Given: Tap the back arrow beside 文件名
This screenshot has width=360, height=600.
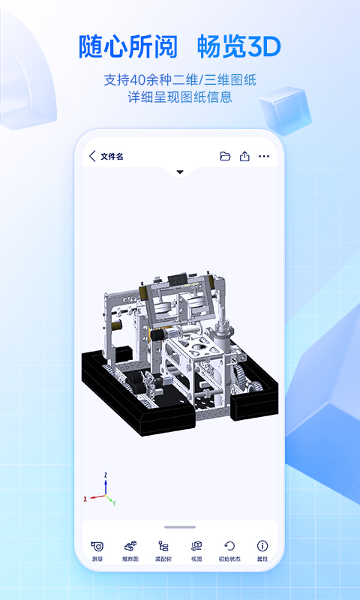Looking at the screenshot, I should coord(92,156).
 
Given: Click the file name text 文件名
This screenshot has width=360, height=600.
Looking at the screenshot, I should coord(112,156).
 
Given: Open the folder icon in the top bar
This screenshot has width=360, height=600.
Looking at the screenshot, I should coord(225,156).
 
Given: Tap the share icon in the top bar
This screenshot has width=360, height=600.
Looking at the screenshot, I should coord(244,156).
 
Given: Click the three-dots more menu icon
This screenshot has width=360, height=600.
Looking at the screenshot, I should coord(264,156).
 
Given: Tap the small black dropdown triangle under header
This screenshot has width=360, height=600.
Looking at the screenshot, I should coord(180,172).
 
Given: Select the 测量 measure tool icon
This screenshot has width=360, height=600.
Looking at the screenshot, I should coord(97,546).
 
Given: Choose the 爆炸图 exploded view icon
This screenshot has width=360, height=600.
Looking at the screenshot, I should coord(130,546).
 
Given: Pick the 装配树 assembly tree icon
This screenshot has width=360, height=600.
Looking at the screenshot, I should coord(163,546).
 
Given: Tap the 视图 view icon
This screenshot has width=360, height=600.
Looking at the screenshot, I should coord(196,546).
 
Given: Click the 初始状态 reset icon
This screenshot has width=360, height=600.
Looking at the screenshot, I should coord(229,546).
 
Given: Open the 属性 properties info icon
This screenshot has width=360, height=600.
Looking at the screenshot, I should coord(262,546).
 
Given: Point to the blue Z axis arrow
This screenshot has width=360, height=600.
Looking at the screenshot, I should coord(106,484).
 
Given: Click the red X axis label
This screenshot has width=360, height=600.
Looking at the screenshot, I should coord(85,498).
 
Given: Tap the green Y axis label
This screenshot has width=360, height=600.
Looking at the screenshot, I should coord(113,503).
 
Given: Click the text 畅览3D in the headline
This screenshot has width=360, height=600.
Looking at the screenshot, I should coord(238,47).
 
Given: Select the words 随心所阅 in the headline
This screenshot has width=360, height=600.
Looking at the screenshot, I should coord(128,47).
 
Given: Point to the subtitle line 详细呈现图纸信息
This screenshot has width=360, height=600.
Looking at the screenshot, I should coord(180,97).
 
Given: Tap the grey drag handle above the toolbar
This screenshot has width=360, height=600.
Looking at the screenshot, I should coord(180,527).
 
